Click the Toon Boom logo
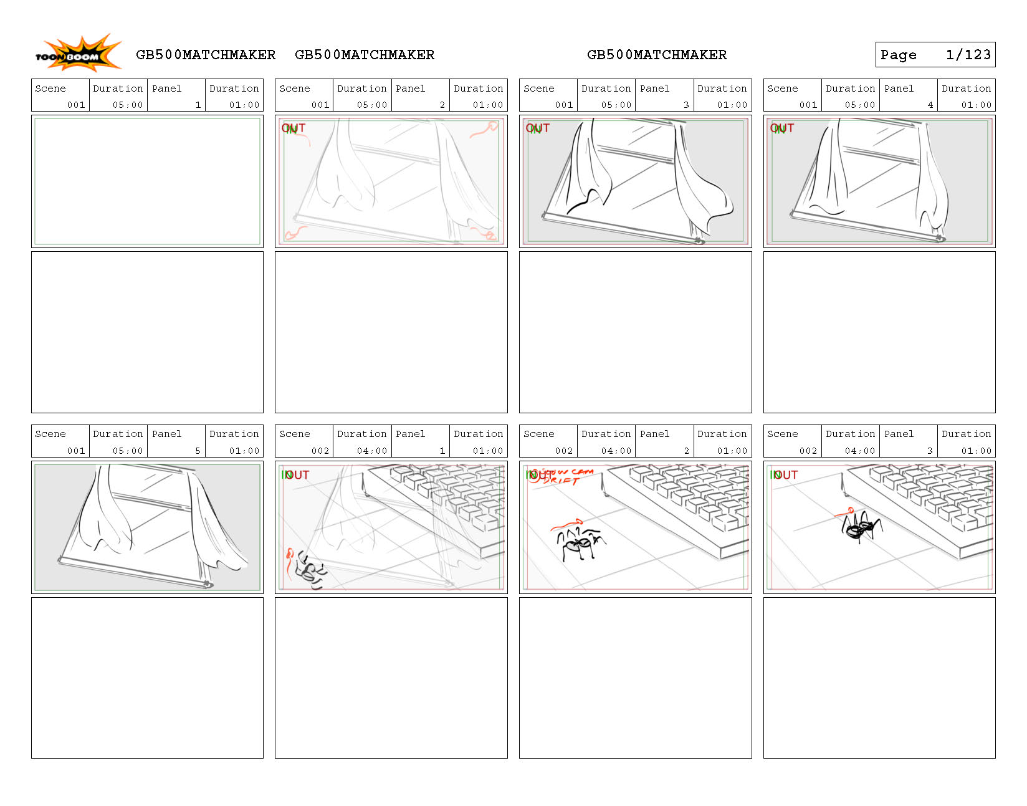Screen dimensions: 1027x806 (77, 54)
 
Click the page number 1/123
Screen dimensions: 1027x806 (968, 55)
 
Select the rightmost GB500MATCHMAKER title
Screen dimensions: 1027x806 (656, 55)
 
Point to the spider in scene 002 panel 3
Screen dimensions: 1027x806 (861, 527)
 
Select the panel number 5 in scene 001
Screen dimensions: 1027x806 (198, 451)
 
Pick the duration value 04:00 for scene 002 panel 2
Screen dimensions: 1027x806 (616, 451)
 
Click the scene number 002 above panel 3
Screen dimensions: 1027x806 (808, 451)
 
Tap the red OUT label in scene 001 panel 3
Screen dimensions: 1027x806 (538, 128)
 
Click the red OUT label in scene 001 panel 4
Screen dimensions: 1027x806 (783, 128)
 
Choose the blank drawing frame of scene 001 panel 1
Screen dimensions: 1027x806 (147, 181)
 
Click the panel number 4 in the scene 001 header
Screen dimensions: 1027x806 (930, 105)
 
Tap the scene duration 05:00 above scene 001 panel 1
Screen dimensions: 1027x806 (128, 105)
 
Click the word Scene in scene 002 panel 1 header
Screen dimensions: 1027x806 (295, 434)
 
